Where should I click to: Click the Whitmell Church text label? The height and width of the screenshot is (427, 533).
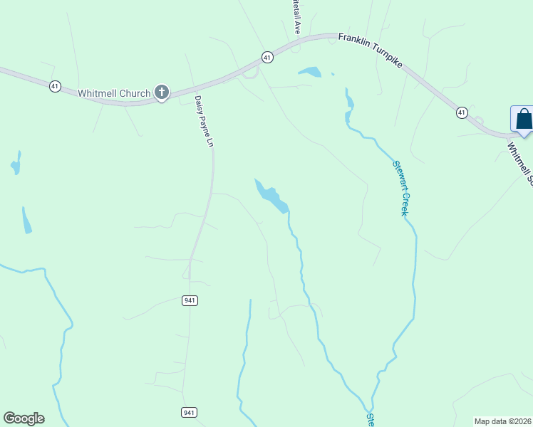pos(114,93)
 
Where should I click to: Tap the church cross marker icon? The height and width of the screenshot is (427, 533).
pos(162,92)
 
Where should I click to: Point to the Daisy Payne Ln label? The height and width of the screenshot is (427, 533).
pos(204,122)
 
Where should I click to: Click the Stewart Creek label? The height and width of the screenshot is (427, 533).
pos(401,189)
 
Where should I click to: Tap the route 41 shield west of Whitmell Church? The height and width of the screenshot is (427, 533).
pos(55,86)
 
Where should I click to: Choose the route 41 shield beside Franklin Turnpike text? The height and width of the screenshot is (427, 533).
pos(266,56)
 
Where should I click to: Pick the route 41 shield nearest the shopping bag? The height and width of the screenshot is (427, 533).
pos(462,112)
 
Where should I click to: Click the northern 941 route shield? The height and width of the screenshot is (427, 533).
pos(190,301)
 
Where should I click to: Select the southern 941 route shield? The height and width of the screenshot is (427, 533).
pos(190,413)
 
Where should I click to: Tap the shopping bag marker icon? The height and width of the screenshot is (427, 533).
pos(523,118)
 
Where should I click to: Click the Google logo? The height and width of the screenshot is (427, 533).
pos(24,418)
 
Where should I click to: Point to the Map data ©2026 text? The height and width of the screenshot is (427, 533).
pos(503,421)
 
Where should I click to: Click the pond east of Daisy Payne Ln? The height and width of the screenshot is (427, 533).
pos(271,196)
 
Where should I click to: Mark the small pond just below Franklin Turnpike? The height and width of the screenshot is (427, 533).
pos(310,71)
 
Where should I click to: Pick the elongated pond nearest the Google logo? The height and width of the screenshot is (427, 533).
pos(26,221)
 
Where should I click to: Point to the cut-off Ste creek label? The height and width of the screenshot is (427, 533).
pos(370,420)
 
